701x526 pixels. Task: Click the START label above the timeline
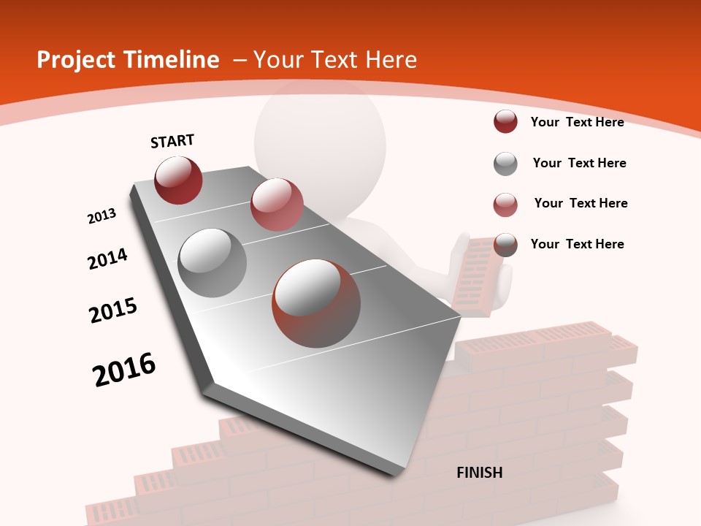[x=172, y=141]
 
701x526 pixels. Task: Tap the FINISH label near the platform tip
[x=480, y=473]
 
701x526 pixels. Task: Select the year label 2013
[x=101, y=216]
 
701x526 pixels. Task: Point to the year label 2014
[x=107, y=259]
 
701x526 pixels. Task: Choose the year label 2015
[x=113, y=310]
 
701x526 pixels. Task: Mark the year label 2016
[x=124, y=370]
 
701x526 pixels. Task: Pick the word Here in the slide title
[x=391, y=60]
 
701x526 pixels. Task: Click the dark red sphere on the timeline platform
[x=178, y=180]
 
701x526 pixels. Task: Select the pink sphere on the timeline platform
[x=277, y=205]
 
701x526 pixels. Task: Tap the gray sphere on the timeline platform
[x=212, y=262]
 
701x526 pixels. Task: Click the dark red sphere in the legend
[x=505, y=122]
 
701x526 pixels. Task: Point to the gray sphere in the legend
[x=505, y=164]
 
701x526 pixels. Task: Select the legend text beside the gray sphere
[x=579, y=163]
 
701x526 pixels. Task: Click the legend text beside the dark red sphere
[x=577, y=122]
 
